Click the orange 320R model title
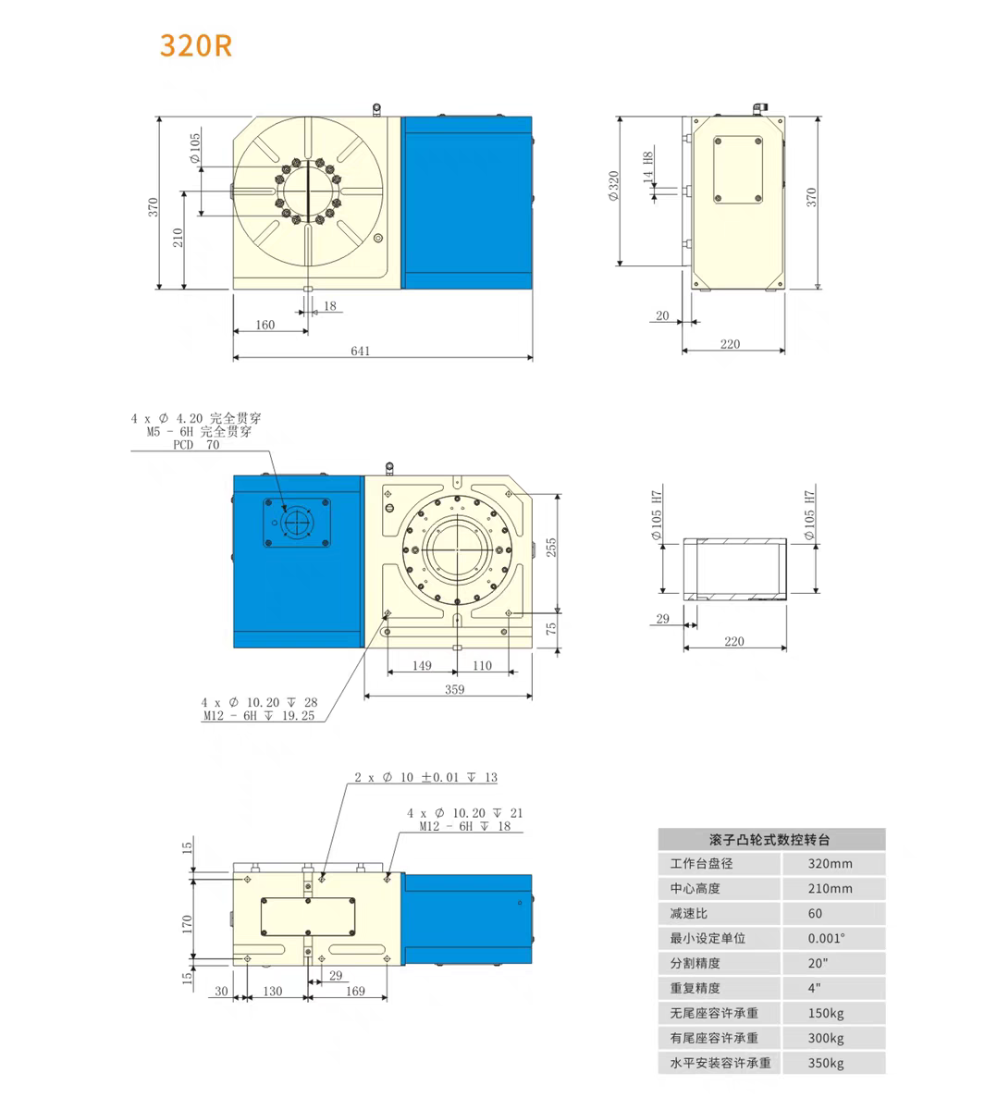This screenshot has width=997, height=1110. coord(195,45)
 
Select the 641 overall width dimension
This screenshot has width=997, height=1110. coord(361,351)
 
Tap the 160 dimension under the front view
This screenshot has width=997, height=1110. coord(265,325)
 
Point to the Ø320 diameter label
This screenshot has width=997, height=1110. coord(613,186)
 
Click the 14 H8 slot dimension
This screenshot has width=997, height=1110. coord(648,167)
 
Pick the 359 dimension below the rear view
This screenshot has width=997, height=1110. coord(455,689)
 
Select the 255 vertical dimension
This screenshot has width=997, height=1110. coord(551,548)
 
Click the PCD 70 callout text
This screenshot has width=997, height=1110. coord(197,445)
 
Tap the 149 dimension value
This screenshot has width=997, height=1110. coord(422,665)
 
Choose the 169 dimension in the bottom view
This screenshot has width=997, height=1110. coord(355,991)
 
